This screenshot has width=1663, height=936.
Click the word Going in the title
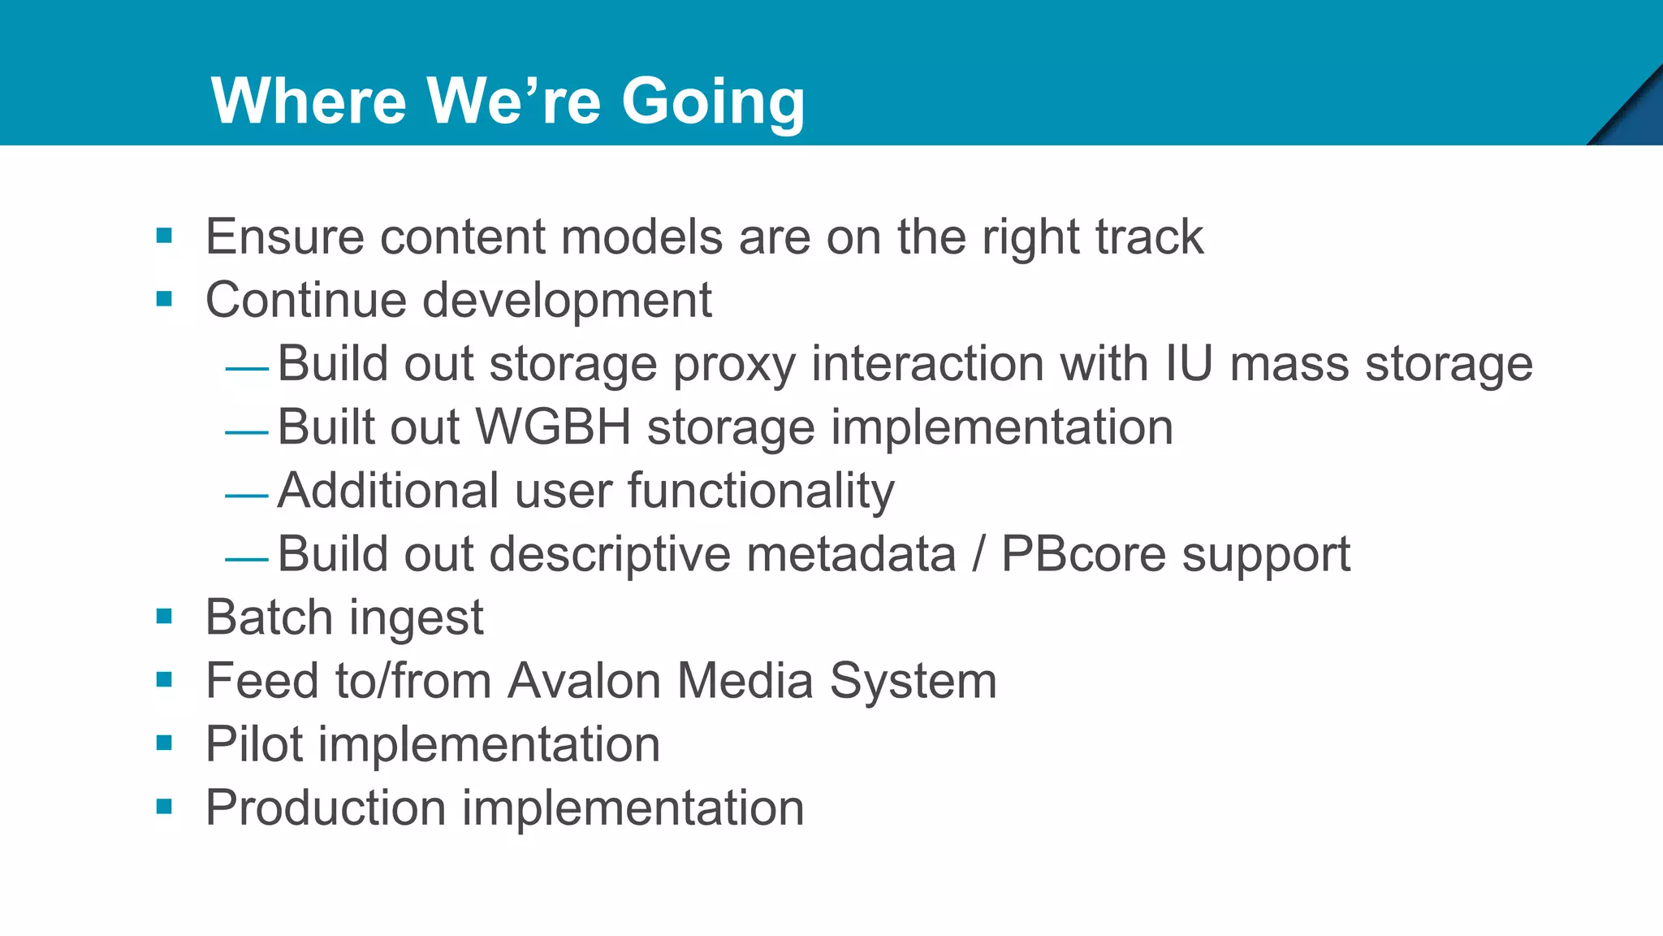[712, 102]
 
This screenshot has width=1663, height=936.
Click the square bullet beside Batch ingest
[165, 617]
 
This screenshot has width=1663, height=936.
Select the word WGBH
[552, 427]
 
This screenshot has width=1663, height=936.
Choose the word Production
[326, 808]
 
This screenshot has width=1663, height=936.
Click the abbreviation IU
[1188, 363]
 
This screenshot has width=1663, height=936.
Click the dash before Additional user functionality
[247, 495]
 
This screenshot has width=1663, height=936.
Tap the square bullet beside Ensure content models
[165, 236]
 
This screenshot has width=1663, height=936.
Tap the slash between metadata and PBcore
[978, 554]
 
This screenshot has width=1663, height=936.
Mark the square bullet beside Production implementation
[165, 807]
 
